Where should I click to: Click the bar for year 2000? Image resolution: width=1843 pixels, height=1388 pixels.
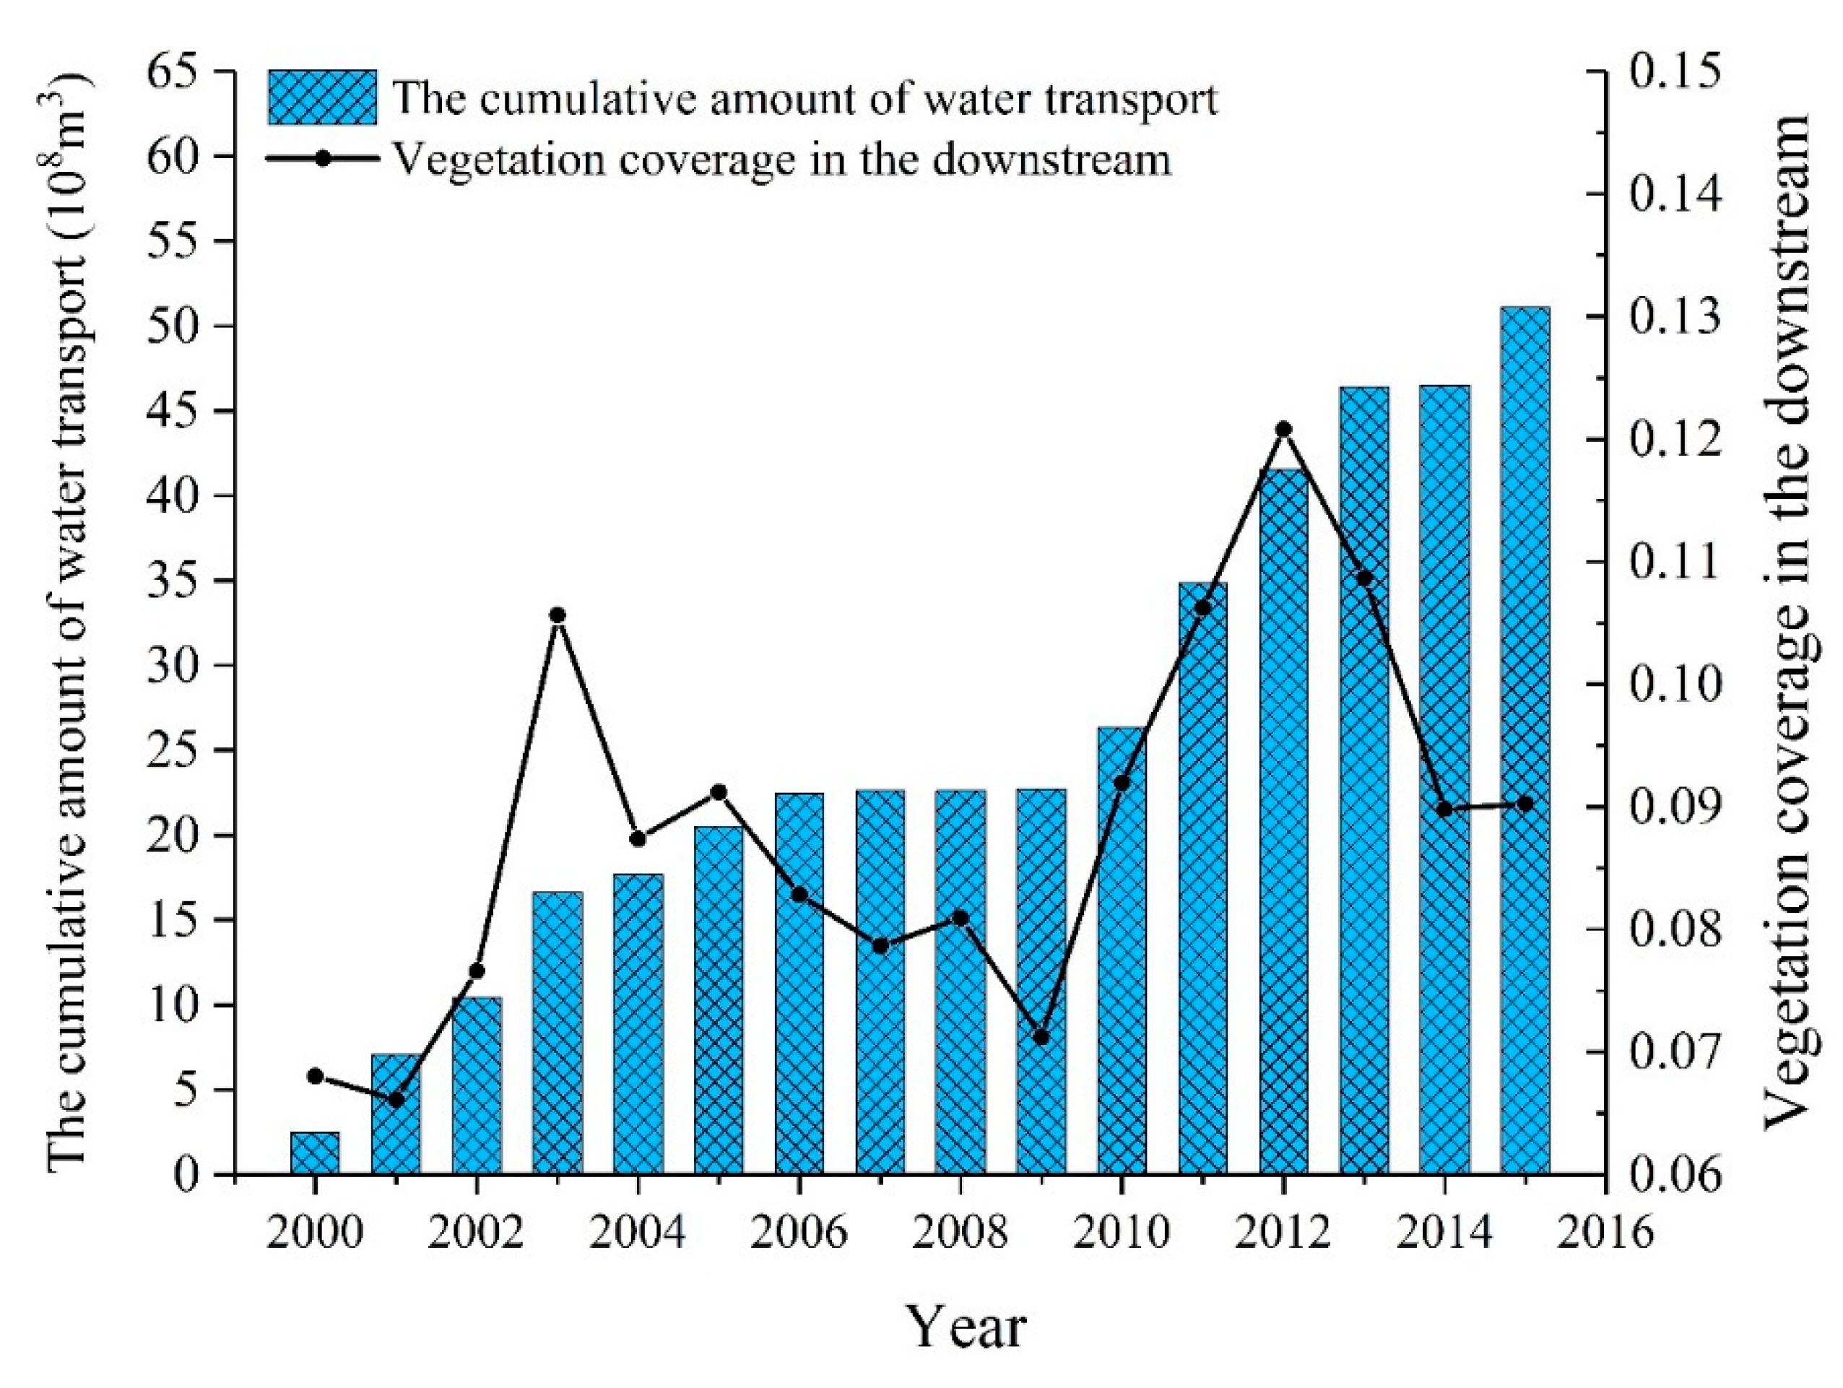[315, 1153]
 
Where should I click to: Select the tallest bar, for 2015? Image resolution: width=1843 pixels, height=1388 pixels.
[1525, 741]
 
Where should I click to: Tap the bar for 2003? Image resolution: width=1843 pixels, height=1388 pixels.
[558, 1033]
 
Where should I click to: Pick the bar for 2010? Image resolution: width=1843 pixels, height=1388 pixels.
[1122, 950]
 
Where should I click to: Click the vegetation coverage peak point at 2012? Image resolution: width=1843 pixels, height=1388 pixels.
[1284, 429]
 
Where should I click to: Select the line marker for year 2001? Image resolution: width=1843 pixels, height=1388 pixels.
[396, 1100]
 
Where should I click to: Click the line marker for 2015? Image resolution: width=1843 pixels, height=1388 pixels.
[1525, 804]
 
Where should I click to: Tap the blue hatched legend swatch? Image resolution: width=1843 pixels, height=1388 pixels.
[321, 98]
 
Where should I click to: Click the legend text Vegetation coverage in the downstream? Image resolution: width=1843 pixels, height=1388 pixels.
[781, 159]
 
